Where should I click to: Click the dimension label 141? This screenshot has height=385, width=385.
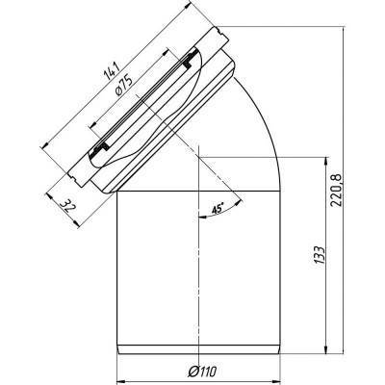(112, 71)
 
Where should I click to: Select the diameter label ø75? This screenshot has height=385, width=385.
(123, 86)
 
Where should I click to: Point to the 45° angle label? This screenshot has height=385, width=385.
(217, 209)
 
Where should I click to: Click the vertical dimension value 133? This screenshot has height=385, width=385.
(320, 255)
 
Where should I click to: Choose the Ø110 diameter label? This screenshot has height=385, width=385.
(202, 372)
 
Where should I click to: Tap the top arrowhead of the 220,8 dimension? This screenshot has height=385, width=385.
(344, 31)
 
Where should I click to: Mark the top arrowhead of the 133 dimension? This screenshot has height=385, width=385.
(326, 161)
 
